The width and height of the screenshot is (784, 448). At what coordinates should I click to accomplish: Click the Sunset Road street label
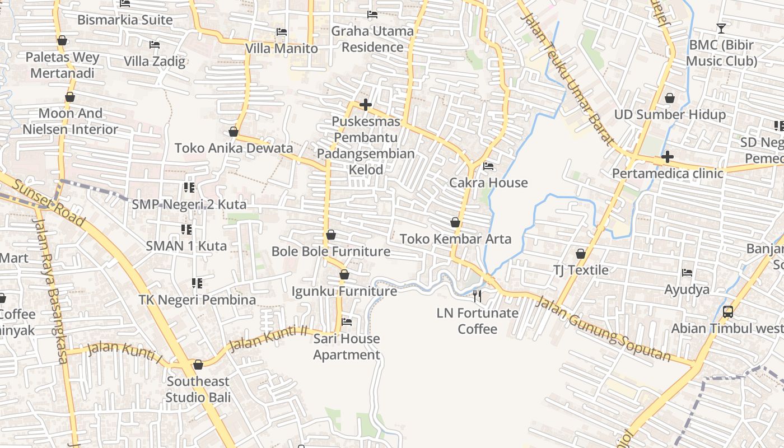pyautogui.click(x=49, y=203)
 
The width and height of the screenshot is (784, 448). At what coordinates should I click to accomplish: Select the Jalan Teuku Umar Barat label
pyautogui.click(x=567, y=79)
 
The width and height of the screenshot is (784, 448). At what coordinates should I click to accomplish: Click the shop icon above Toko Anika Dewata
pyautogui.click(x=234, y=132)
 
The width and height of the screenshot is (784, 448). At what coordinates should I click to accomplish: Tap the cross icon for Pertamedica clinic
pyautogui.click(x=667, y=157)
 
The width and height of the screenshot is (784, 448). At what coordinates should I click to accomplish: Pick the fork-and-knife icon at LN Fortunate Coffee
pyautogui.click(x=477, y=296)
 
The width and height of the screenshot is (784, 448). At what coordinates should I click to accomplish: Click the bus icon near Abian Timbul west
pyautogui.click(x=727, y=312)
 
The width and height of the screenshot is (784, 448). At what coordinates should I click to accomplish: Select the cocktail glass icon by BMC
pyautogui.click(x=721, y=28)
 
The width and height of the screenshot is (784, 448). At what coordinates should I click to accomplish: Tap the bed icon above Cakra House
pyautogui.click(x=488, y=166)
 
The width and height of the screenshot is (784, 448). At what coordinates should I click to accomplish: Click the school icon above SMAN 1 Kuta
pyautogui.click(x=186, y=229)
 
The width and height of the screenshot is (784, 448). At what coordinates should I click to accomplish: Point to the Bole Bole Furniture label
pyautogui.click(x=330, y=251)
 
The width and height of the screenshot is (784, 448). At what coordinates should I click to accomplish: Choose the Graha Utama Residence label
pyautogui.click(x=372, y=39)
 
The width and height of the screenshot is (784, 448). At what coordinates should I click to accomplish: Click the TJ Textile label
pyautogui.click(x=581, y=270)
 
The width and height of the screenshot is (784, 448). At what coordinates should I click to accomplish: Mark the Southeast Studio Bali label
pyautogui.click(x=198, y=389)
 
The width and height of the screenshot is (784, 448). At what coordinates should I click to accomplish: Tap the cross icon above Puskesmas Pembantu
pyautogui.click(x=366, y=105)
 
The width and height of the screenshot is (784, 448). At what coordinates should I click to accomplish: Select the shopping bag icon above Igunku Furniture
pyautogui.click(x=344, y=275)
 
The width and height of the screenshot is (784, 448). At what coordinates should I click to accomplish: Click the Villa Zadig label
pyautogui.click(x=155, y=61)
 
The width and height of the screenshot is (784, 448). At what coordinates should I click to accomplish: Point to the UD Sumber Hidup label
pyautogui.click(x=670, y=115)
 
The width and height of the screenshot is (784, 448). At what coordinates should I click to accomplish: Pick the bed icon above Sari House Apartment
pyautogui.click(x=347, y=322)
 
